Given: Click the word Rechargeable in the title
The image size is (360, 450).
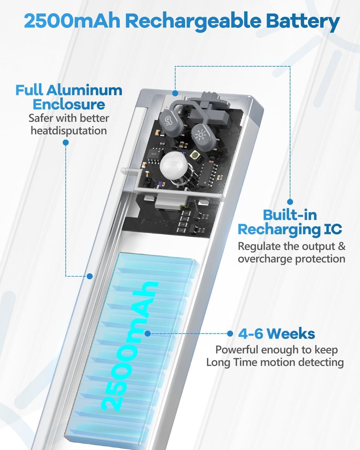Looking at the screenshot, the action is [x=194, y=22].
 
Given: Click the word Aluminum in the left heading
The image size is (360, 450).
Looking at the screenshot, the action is [x=84, y=90].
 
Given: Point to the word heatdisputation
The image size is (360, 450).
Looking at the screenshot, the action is [x=69, y=131].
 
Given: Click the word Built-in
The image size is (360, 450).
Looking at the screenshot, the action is [x=290, y=215].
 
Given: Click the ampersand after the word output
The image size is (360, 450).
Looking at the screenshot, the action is [x=342, y=246].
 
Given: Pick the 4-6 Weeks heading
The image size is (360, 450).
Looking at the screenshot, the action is [x=277, y=334].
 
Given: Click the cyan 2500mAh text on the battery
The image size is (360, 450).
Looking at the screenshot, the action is [x=130, y=346].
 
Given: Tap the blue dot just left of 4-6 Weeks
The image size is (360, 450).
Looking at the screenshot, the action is [x=230, y=334].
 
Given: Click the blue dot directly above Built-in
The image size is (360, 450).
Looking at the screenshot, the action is [x=290, y=202].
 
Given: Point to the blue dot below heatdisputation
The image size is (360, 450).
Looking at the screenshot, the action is [x=66, y=142].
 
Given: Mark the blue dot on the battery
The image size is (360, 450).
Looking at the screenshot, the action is [x=148, y=334].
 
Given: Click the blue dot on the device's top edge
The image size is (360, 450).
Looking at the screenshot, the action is [x=175, y=93].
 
